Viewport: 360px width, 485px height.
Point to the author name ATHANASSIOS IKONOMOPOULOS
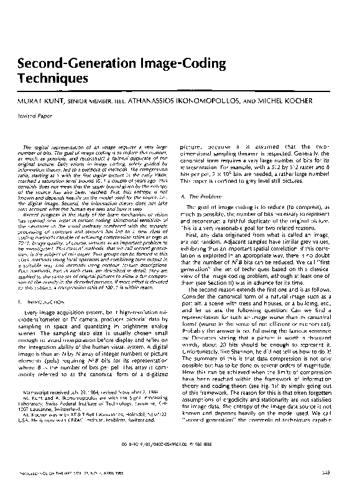(x=202, y=98)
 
